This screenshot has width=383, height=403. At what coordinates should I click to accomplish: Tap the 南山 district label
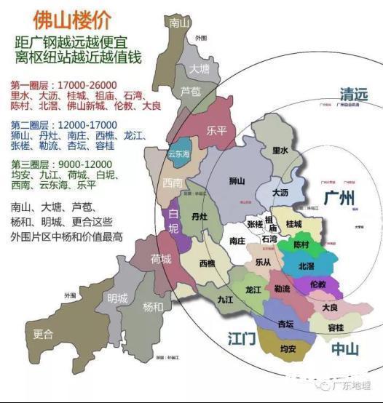coord(179,23)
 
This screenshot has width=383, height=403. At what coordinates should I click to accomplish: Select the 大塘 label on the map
coord(200,68)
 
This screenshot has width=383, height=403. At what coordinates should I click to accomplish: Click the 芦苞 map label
coord(191,91)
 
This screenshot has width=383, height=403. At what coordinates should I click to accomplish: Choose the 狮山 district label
coord(231,180)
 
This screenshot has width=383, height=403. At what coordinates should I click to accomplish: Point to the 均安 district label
coord(288,349)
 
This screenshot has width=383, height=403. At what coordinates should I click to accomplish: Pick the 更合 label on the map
coord(43,335)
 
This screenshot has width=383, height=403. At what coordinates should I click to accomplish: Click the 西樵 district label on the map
coord(208,263)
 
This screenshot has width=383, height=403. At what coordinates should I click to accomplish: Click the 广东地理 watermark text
coord(356,386)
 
